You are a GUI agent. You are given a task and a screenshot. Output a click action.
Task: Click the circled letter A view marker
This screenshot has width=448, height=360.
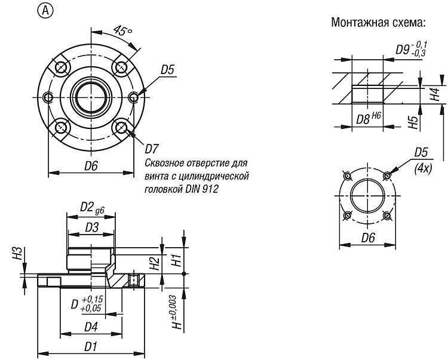coord(45,11)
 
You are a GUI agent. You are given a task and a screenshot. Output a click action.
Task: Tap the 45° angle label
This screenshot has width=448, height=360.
coord(122,30)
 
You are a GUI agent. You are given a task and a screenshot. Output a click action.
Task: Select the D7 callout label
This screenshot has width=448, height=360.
coord(152,149)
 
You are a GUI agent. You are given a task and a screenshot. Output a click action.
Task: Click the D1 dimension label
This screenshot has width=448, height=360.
coord(91,347)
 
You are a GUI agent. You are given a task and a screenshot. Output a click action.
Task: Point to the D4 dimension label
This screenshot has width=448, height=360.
coord(91,327)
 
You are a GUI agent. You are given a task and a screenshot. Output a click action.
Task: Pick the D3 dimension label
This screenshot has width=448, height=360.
coord(92,227)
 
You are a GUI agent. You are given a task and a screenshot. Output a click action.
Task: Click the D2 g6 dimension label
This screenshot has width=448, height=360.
coord(92,208)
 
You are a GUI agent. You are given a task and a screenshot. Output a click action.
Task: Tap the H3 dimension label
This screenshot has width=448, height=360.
coord(18,253)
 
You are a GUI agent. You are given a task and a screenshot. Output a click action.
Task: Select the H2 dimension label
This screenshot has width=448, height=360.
coord(155,263)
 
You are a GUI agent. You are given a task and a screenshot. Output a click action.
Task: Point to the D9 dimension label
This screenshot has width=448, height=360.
coord(412,48)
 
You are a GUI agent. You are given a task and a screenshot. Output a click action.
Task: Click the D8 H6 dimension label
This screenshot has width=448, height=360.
coord(369,118)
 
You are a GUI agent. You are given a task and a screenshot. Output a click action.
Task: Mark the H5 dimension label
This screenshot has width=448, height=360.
coord(413,122)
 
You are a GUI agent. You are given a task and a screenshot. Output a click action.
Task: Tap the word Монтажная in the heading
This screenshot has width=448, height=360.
coord(357,22)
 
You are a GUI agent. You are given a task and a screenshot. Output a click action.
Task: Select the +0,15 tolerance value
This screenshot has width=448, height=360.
coord(92,300)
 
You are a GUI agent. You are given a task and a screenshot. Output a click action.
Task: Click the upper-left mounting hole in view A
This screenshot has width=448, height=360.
coord(61,67)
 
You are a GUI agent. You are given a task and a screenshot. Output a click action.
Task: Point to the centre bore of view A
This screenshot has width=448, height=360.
coord(91,97)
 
